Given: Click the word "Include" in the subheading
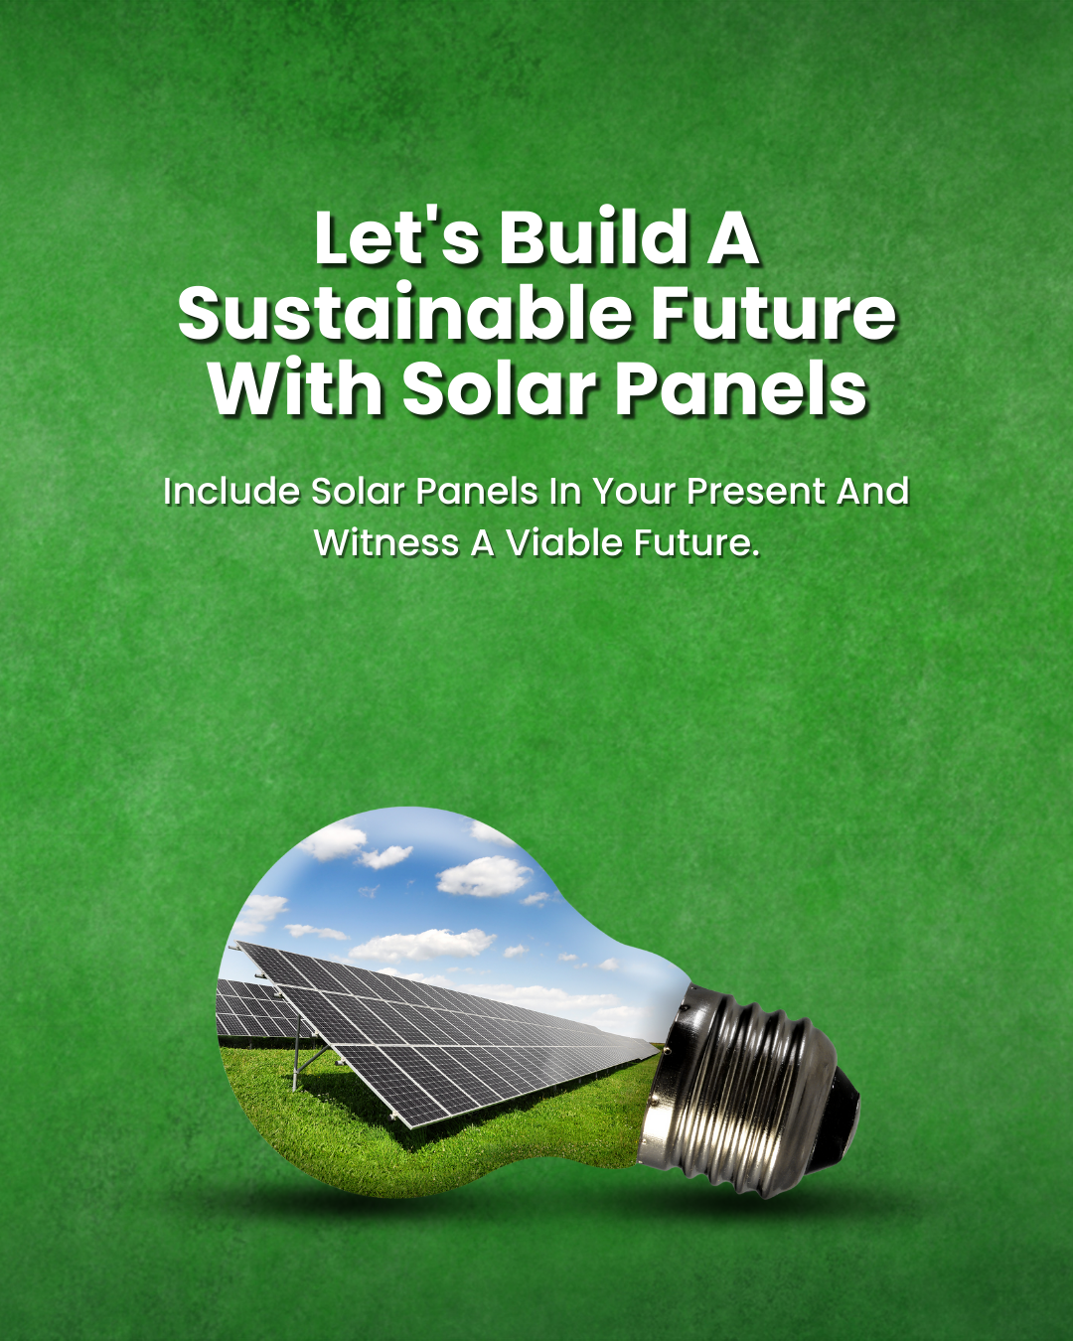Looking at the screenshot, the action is point(231,491).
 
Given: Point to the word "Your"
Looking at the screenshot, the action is point(635,492).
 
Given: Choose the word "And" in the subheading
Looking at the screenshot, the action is point(873,491).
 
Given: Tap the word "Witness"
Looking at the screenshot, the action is point(387,542).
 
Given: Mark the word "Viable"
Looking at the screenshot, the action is point(564,542).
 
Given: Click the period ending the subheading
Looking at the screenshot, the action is point(756,553).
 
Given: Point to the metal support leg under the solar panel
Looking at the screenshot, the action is point(299,1049).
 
